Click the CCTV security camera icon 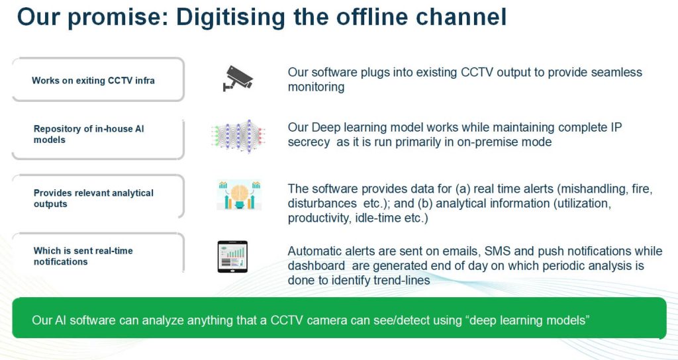pyautogui.click(x=238, y=79)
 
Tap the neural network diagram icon pyautogui.click(x=238, y=136)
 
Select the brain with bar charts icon pyautogui.click(x=239, y=195)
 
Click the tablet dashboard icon pyautogui.click(x=232, y=257)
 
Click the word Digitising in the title pyautogui.click(x=230, y=18)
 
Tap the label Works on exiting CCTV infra pyautogui.click(x=93, y=80)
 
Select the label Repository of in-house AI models pyautogui.click(x=89, y=134)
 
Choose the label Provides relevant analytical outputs pyautogui.click(x=93, y=199)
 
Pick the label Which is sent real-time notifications pyautogui.click(x=83, y=256)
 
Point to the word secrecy pyautogui.click(x=309, y=143)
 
